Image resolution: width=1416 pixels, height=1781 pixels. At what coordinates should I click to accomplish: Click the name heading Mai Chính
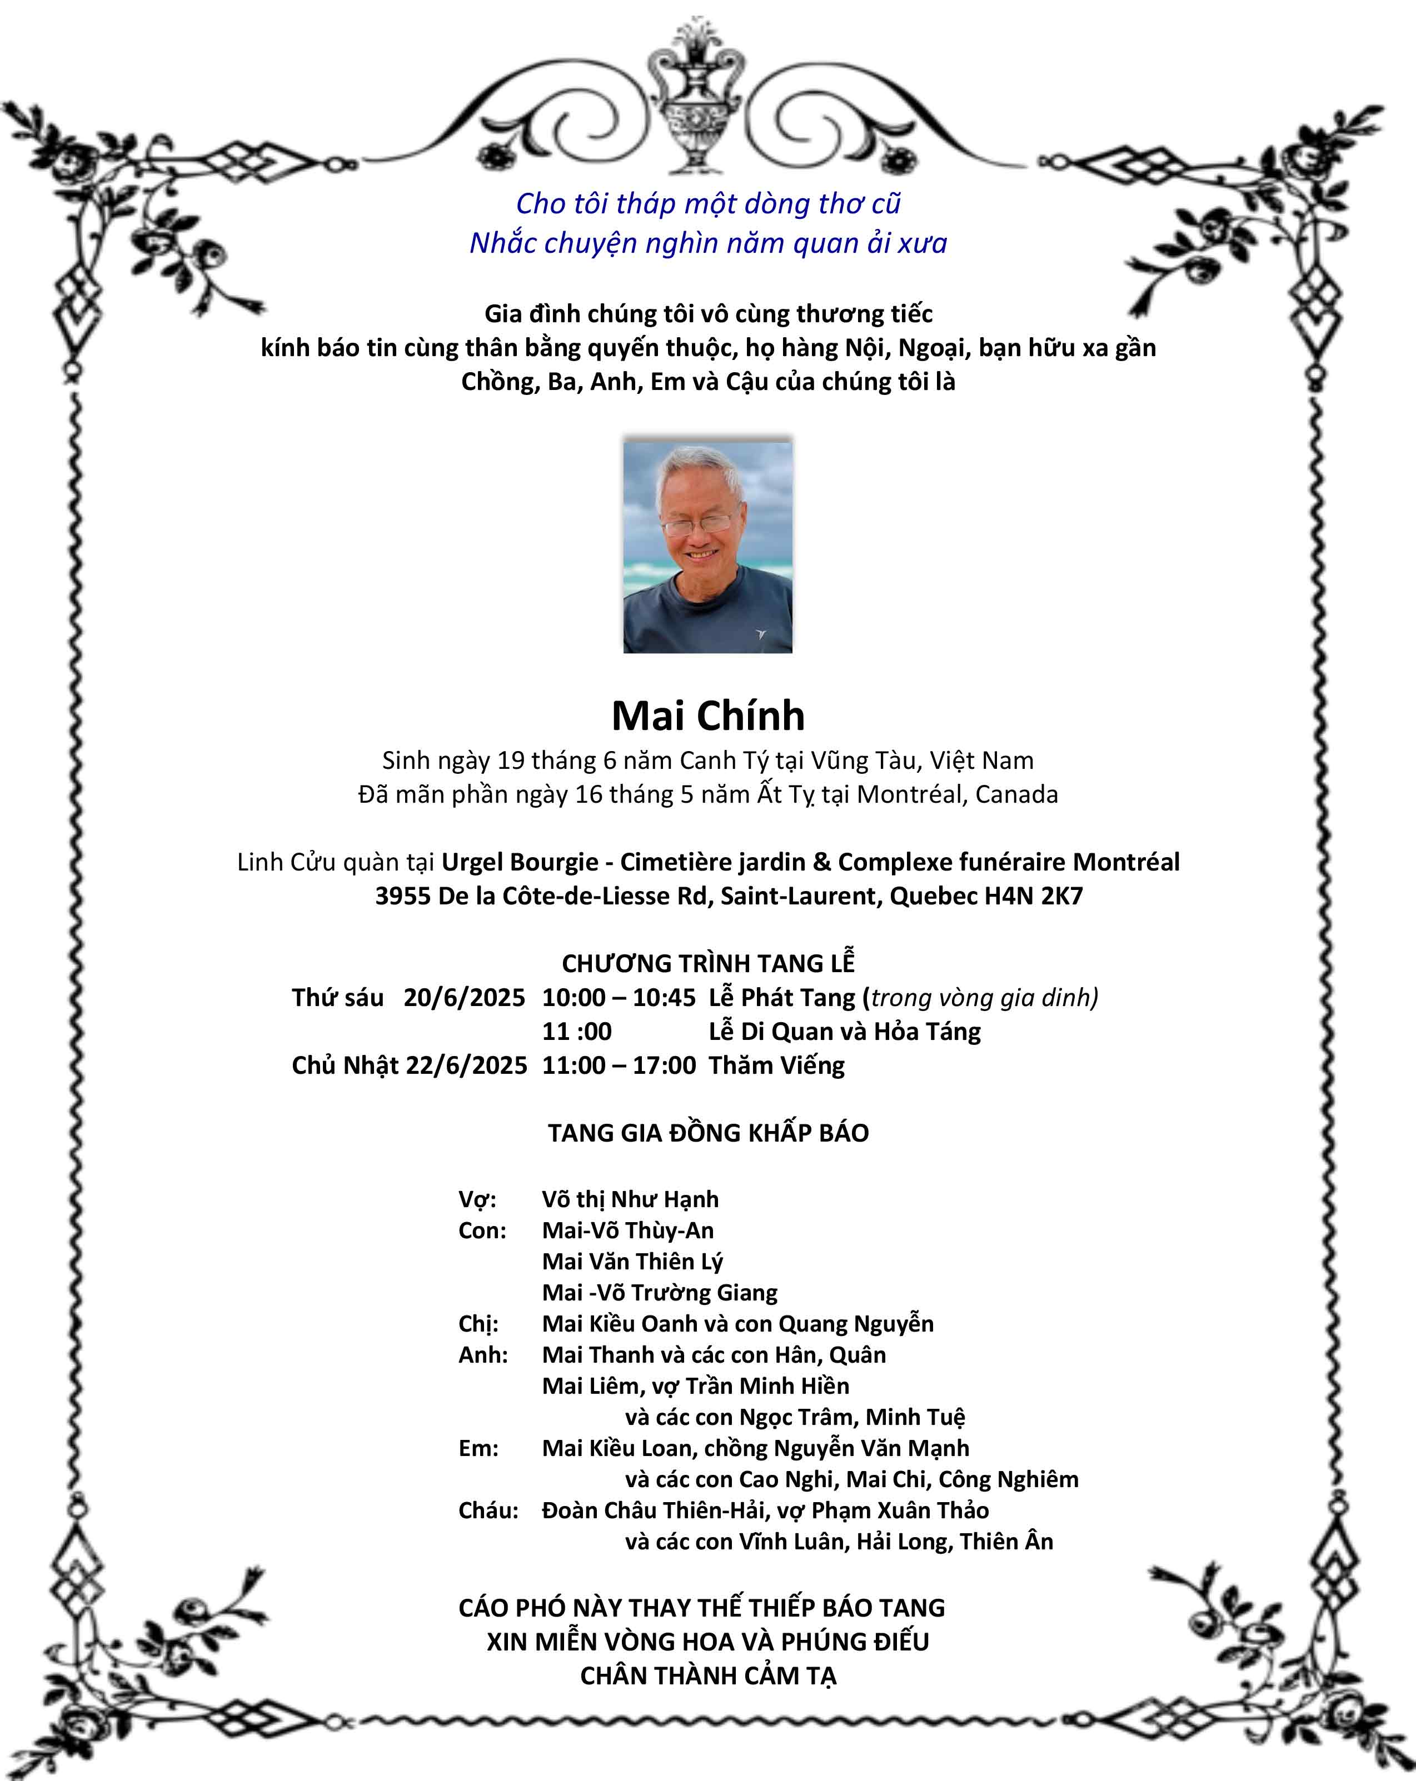click(708, 716)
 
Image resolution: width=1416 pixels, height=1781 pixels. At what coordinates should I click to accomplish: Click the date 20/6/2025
click(464, 998)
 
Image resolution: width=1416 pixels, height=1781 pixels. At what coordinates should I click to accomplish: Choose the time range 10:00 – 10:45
click(619, 998)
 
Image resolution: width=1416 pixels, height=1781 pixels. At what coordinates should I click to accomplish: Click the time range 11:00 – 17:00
click(619, 1065)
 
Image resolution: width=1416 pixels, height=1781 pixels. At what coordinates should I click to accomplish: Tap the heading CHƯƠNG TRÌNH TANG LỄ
click(708, 963)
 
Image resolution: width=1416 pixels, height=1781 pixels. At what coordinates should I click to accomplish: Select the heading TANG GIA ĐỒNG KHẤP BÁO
click(708, 1133)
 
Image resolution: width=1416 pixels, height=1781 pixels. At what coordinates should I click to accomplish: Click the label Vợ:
click(477, 1199)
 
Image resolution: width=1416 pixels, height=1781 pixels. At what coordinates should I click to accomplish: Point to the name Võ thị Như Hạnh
click(630, 1199)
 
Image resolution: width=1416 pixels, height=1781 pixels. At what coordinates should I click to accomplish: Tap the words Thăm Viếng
click(776, 1065)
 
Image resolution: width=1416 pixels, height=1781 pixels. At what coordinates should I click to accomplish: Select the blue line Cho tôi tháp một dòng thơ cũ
click(708, 203)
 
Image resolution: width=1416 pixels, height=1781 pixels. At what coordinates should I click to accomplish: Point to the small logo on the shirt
click(761, 634)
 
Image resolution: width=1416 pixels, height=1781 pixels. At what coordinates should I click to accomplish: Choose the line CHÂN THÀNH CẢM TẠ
click(708, 1676)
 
